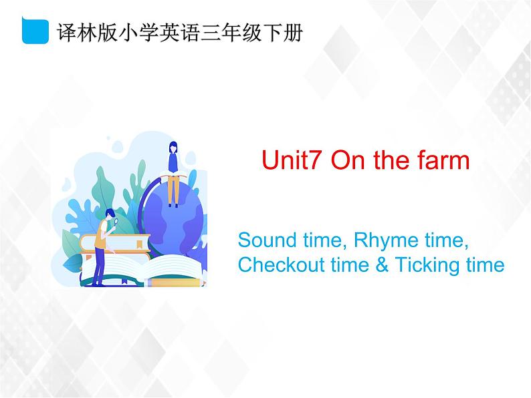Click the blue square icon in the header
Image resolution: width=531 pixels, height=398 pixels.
[x=35, y=31]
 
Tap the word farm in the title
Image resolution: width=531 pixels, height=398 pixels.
[x=443, y=160]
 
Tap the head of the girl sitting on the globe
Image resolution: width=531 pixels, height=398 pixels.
[x=173, y=147]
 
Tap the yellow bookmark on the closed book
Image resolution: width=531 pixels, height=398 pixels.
[x=138, y=244]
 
